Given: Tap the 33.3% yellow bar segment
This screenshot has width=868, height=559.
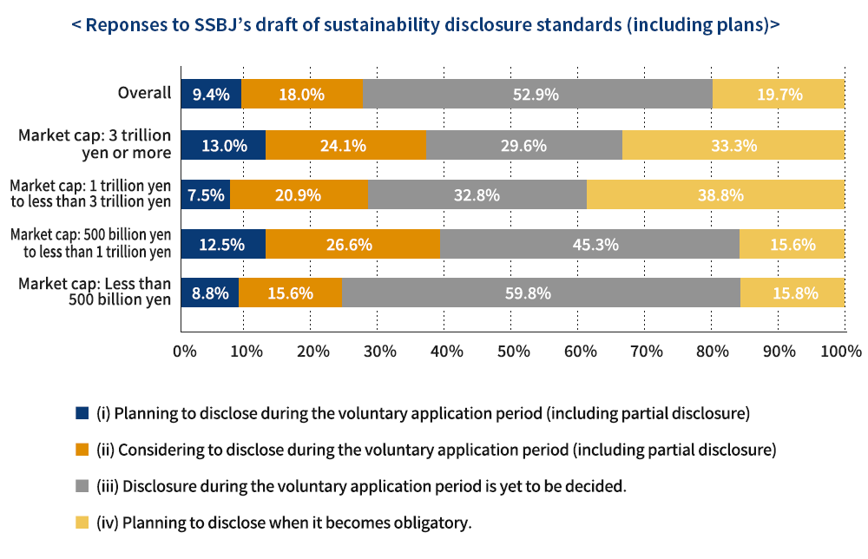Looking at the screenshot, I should click(x=733, y=145).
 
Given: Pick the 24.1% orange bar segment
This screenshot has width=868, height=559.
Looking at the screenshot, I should click(x=345, y=145).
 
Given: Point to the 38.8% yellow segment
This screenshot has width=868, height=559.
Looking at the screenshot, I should click(x=715, y=195).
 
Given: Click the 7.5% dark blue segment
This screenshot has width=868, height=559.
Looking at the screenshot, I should click(x=206, y=195).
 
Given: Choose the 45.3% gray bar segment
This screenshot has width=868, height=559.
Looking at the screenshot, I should click(x=589, y=245).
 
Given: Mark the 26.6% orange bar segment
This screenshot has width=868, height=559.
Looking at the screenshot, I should click(x=352, y=245).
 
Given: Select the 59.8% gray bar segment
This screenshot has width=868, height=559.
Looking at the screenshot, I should click(x=541, y=293).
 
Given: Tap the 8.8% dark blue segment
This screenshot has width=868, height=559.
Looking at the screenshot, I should click(x=210, y=293).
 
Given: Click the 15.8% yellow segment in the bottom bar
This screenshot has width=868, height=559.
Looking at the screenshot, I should click(x=792, y=293).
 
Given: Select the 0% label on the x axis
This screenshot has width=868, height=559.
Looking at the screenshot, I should click(x=184, y=352).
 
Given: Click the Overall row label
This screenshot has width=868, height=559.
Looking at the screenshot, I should click(x=144, y=94).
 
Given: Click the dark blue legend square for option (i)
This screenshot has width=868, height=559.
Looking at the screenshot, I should click(x=82, y=412).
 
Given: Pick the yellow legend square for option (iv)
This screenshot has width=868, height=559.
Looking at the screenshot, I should click(x=82, y=523).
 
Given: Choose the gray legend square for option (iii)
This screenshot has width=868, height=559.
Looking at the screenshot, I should click(x=82, y=486).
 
